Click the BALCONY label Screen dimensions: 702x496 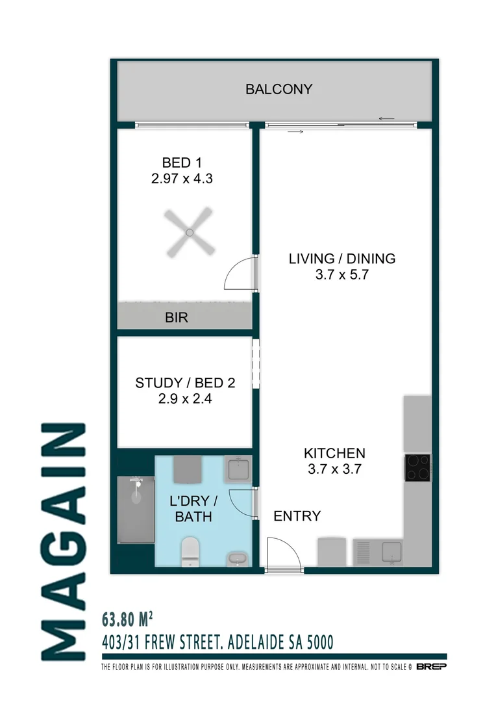click(x=279, y=89)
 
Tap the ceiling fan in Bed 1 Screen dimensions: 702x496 click(x=189, y=232)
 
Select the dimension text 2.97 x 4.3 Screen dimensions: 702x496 click(x=182, y=178)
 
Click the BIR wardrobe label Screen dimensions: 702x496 click(x=177, y=318)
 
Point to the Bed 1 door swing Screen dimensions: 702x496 click(x=240, y=273)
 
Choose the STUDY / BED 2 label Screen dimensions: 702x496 click(x=184, y=383)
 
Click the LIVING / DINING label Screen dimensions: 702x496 click(x=341, y=258)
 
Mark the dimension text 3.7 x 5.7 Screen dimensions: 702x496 click(x=341, y=274)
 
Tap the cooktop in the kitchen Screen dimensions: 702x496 click(x=417, y=467)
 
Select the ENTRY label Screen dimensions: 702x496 click(x=297, y=516)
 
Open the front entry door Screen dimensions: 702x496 click(x=284, y=554)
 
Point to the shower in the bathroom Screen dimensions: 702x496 click(x=136, y=510)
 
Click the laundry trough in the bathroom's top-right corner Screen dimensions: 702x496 click(x=237, y=469)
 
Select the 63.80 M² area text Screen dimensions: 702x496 click(x=127, y=617)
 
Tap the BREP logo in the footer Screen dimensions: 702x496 click(x=431, y=667)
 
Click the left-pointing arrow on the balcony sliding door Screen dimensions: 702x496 click(x=387, y=118)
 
